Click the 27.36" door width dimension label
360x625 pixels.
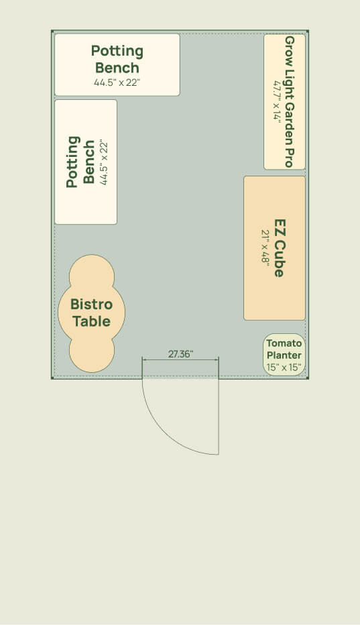pos(180,354)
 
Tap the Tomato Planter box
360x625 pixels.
pos(284,354)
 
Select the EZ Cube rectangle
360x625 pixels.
pos(274,248)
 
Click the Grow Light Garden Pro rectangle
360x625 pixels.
pos(284,102)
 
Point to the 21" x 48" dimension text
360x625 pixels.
pos(265,247)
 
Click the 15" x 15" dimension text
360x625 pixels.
pos(284,367)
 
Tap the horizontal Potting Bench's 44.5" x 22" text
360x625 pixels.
pos(117,83)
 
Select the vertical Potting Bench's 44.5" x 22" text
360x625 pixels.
pos(104,162)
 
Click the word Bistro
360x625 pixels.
pos(91,304)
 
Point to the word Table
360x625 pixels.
pos(92,321)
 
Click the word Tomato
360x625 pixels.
pos(284,343)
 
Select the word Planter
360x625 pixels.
pos(284,355)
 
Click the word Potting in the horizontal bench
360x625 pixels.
pos(117,51)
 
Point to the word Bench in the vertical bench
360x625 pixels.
pos(89,162)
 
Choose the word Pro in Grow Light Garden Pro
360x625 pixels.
pos(289,158)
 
